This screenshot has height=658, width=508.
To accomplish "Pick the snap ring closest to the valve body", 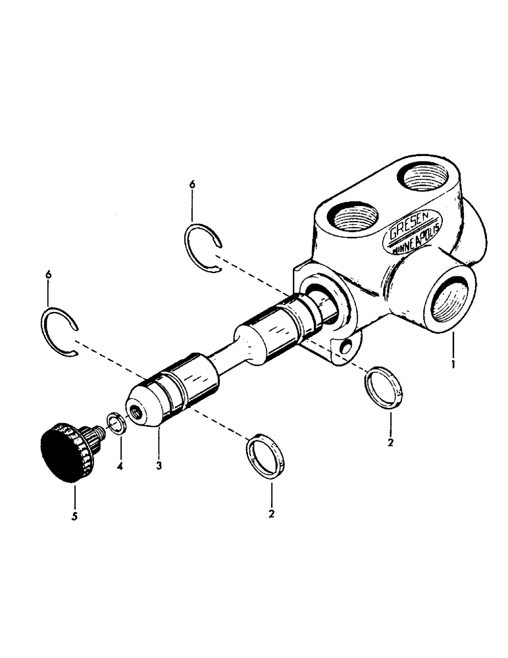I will point(202,247).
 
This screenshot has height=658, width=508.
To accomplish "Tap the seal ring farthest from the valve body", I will point(267,454).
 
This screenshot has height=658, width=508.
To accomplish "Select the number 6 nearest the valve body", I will point(192,186).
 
